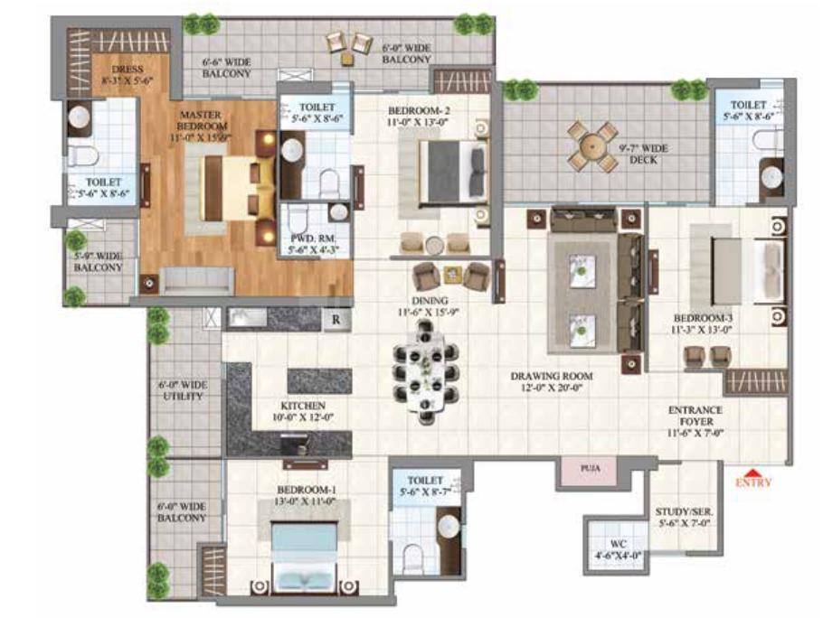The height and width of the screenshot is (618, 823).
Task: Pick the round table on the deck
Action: pos(592,145)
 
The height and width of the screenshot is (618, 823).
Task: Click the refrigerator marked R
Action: pos(336,319)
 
